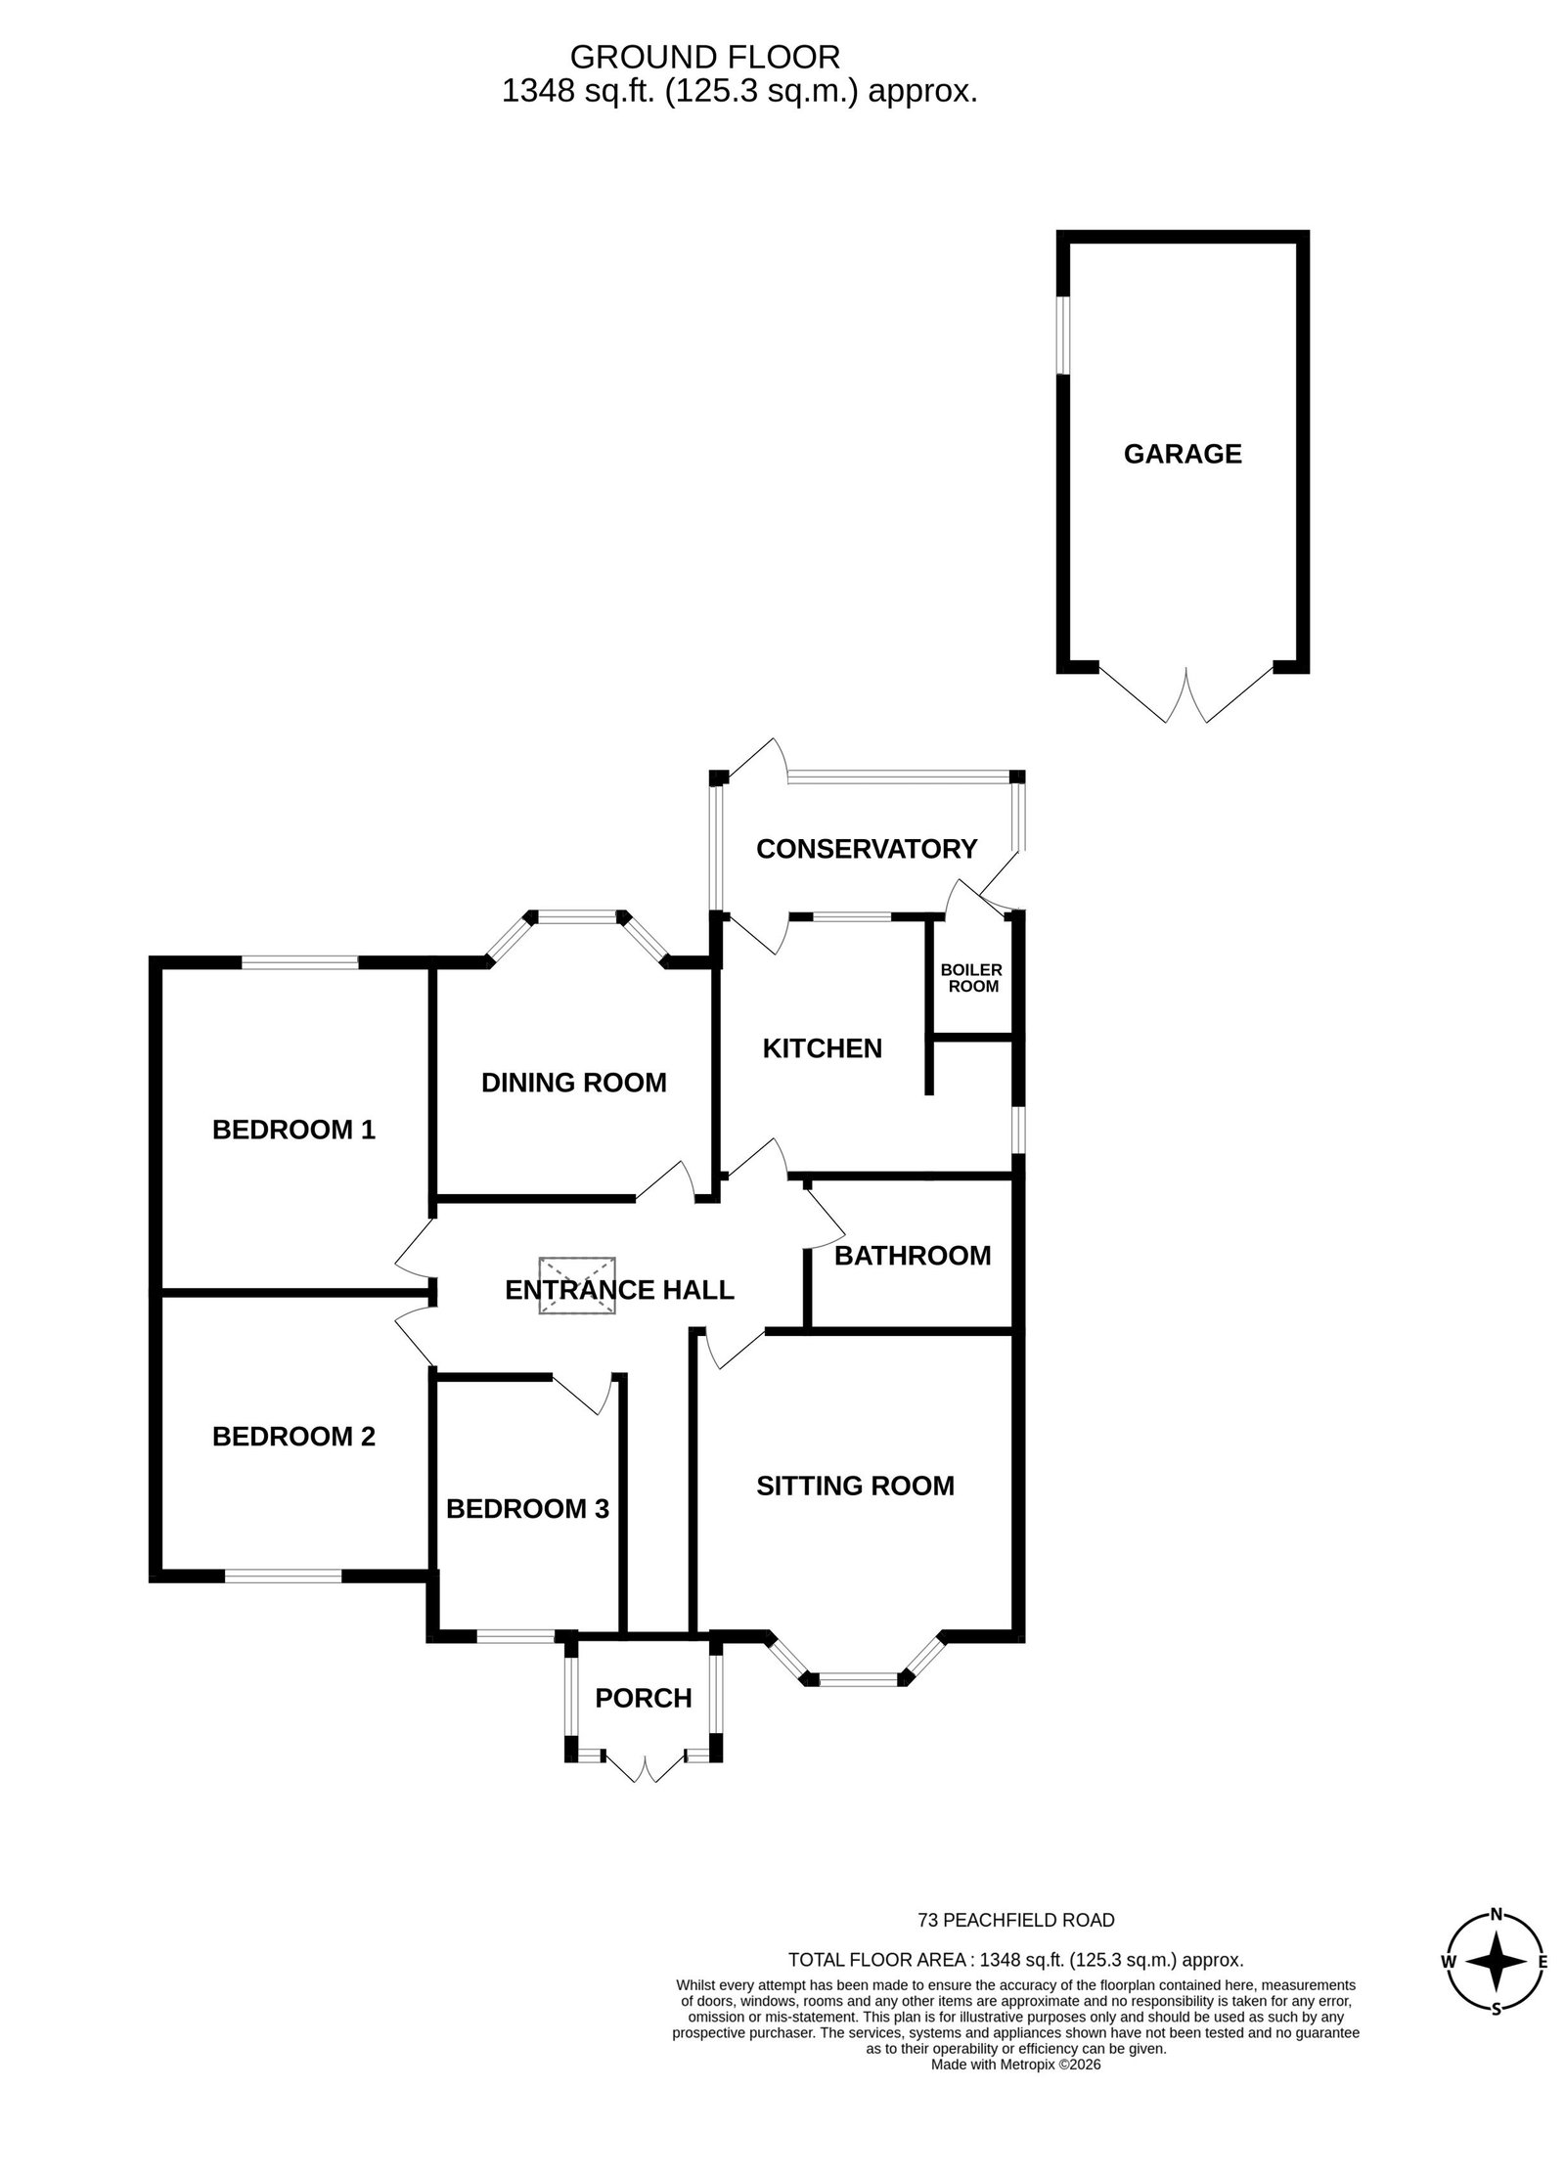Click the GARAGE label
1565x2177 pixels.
[1182, 454]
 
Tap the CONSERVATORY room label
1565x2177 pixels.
[867, 849]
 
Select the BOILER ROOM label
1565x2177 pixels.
[971, 978]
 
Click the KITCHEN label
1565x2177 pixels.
[822, 1048]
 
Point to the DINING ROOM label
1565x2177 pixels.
[574, 1083]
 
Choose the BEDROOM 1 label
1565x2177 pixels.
[293, 1131]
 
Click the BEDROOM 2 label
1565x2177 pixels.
[293, 1437]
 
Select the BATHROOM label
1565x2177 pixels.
[913, 1256]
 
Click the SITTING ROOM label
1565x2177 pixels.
[855, 1487]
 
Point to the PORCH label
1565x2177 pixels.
[644, 1698]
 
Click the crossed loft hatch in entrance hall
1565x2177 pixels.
[577, 1285]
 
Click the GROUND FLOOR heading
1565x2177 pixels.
[704, 56]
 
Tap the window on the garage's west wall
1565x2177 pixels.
[1063, 334]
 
